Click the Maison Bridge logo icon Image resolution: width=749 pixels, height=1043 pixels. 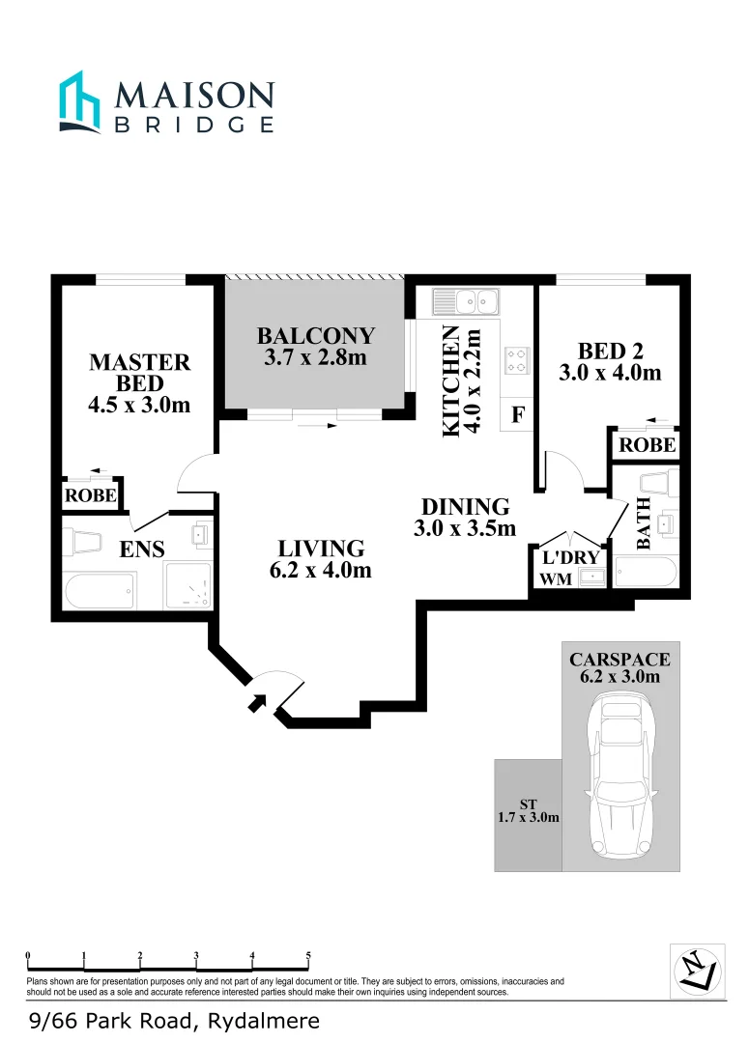79,100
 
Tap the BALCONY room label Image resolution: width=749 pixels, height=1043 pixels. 315,336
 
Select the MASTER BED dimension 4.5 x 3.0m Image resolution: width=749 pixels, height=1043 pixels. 139,405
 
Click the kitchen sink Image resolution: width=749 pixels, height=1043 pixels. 464,303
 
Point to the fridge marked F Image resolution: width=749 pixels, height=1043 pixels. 517,416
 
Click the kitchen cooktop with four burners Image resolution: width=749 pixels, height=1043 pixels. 516,360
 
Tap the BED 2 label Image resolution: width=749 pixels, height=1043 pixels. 610,351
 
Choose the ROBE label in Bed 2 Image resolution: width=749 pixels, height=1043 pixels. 647,445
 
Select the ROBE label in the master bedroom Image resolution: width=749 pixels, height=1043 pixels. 91,496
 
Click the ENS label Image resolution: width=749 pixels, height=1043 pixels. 141,550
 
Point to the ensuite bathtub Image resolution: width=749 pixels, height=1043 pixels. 100,590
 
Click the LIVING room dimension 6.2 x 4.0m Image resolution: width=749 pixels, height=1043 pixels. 321,570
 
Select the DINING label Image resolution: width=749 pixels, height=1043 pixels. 465,506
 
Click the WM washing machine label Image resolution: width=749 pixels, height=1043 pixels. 555,579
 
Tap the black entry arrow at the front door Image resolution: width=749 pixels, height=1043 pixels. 258,702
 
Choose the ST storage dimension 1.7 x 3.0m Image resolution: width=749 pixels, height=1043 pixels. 528,817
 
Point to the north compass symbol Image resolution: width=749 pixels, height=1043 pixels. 697,969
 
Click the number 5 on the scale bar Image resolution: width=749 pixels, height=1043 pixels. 308,956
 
